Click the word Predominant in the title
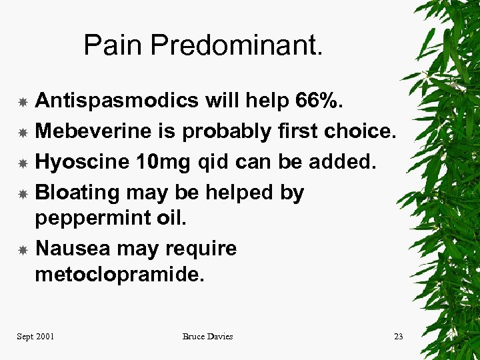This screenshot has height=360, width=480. (x=237, y=45)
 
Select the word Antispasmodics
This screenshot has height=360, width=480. (x=116, y=101)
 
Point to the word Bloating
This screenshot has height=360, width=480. (x=77, y=193)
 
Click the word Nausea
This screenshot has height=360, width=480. (x=73, y=249)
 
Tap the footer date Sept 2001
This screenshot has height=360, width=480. (x=35, y=336)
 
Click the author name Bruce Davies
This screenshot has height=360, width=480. (x=207, y=336)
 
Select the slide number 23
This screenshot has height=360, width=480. (x=398, y=336)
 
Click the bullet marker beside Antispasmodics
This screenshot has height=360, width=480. (x=22, y=102)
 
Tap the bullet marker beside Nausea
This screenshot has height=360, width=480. (x=22, y=250)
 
